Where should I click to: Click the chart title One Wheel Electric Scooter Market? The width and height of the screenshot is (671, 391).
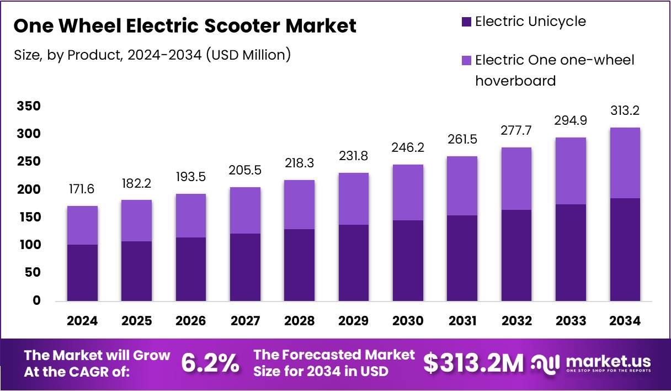point(184,26)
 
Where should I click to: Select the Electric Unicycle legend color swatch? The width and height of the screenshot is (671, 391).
point(466,22)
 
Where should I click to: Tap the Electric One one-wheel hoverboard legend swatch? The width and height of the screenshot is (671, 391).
point(466,60)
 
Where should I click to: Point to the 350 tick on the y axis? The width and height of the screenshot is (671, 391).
point(29,106)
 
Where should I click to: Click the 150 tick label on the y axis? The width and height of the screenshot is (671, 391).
point(29,217)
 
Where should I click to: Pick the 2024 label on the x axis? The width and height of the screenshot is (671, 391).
point(82,321)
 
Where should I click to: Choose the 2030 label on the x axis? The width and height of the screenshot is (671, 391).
point(407,321)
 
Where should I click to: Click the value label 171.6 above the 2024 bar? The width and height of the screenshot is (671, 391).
point(82,189)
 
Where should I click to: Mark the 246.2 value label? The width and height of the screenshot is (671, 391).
point(407,148)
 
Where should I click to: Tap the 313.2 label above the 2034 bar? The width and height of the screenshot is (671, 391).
point(625,111)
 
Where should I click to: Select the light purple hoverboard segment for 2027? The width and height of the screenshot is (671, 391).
point(245,210)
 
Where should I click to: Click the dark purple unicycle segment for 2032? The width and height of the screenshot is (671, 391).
point(516,255)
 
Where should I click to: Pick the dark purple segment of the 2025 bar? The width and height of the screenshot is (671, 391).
point(136,271)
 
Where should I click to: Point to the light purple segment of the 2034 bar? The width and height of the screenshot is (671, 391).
point(625,163)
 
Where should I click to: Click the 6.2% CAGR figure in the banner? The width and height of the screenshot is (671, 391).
point(210,363)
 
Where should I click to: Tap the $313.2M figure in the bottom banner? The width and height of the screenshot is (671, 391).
point(473,363)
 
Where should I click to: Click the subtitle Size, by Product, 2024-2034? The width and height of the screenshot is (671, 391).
point(152,55)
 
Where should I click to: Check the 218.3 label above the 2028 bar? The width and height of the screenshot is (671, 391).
point(299,163)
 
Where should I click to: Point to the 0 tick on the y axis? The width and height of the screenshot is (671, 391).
point(37,300)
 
